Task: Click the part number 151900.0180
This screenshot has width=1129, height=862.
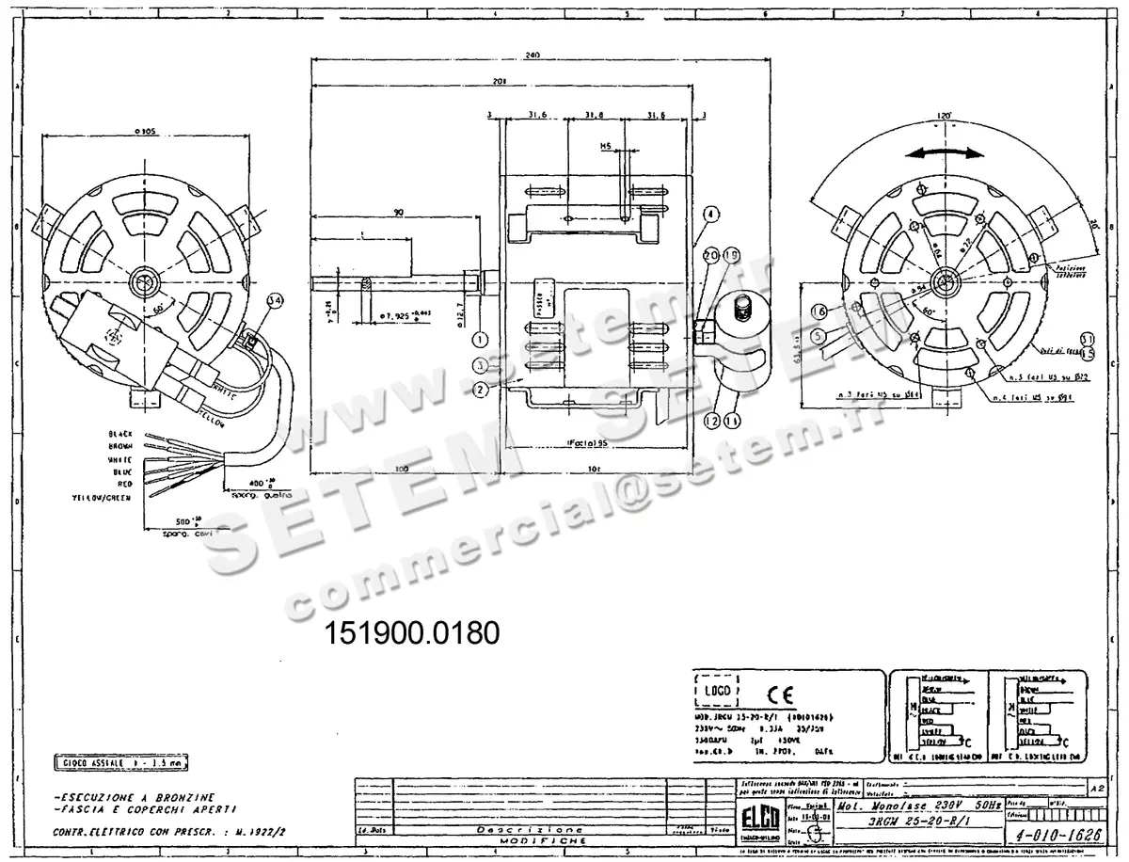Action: (x=411, y=632)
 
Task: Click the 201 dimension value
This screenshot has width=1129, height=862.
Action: (x=499, y=82)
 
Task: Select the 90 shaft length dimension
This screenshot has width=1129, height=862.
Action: (x=399, y=214)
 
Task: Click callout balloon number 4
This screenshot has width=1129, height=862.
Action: (x=712, y=214)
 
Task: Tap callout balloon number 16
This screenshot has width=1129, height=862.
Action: (x=819, y=311)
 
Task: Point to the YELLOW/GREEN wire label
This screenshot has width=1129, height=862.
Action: (x=103, y=495)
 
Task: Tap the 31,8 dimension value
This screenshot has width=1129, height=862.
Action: (x=594, y=115)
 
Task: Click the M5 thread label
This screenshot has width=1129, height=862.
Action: (x=608, y=147)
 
